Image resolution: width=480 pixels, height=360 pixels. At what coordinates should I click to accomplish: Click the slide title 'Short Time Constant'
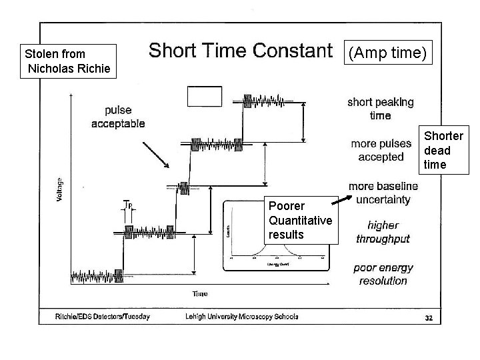(239, 51)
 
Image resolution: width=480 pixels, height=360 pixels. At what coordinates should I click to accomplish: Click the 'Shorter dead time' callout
(443, 151)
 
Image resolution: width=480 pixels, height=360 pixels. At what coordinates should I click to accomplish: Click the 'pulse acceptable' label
(118, 117)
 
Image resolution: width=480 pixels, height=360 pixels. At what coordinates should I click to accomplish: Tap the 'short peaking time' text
(380, 109)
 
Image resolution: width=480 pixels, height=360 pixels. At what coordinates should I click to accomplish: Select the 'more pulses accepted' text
(381, 150)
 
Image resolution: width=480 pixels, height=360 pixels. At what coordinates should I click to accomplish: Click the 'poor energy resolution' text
(383, 274)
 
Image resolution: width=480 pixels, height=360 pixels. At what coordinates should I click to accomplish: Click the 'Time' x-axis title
(200, 294)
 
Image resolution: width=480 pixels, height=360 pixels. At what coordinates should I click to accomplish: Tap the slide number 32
(429, 318)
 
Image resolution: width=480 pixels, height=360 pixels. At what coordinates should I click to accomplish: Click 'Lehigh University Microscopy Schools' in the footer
(242, 317)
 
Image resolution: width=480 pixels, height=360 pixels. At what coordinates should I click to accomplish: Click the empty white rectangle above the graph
(204, 97)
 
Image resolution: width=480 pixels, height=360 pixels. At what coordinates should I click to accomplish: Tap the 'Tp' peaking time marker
(129, 205)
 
